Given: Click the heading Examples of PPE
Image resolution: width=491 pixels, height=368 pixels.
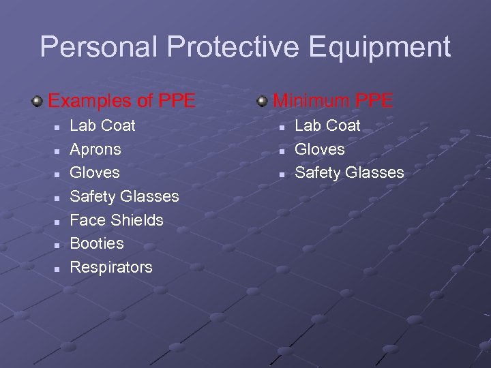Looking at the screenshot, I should (121, 101).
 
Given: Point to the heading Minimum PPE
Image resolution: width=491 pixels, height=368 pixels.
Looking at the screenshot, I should (333, 101).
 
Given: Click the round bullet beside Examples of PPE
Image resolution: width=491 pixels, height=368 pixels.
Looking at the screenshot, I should (38, 102).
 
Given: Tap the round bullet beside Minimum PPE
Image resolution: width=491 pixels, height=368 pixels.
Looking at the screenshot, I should (263, 102).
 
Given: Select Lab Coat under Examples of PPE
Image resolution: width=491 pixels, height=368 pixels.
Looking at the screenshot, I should (103, 125).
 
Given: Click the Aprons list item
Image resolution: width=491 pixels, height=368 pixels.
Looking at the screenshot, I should (95, 149).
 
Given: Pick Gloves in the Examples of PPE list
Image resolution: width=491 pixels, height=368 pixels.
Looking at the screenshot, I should (95, 172).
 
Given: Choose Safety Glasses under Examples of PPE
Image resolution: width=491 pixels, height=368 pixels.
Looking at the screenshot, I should (124, 196).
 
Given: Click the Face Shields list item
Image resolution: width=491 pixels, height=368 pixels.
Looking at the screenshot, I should (117, 220).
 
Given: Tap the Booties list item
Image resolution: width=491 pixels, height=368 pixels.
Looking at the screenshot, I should (97, 243).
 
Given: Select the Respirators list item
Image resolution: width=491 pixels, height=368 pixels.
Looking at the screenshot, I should (111, 267).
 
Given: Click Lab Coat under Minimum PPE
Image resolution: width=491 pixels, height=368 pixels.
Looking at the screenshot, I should (327, 125).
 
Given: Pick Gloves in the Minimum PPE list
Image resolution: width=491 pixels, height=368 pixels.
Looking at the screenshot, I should (319, 149).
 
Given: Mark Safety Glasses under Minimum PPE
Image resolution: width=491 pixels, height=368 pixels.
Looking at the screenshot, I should (349, 172).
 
